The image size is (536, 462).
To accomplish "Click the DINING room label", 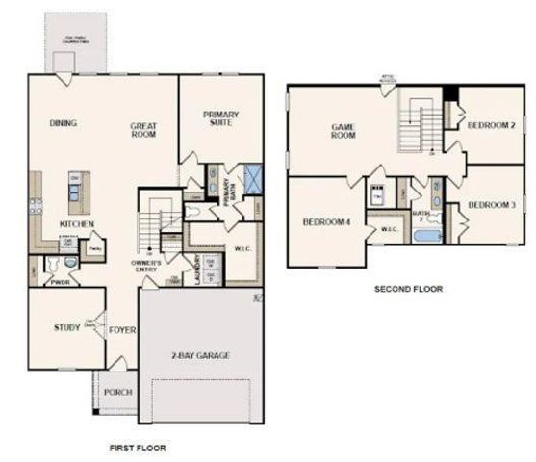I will (x=63, y=123).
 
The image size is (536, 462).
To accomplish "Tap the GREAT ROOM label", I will (x=143, y=131).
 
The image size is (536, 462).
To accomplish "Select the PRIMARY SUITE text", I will (x=220, y=119).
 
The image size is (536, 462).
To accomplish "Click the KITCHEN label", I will (x=75, y=223).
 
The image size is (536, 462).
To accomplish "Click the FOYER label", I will (x=121, y=330).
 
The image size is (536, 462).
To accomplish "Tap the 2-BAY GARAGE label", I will (x=200, y=355).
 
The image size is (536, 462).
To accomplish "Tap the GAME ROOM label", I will (x=344, y=131).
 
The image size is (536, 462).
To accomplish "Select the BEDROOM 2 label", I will (x=492, y=126).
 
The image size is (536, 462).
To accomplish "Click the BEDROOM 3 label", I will (x=492, y=205).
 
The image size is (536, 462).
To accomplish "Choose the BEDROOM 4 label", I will (x=326, y=220).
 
